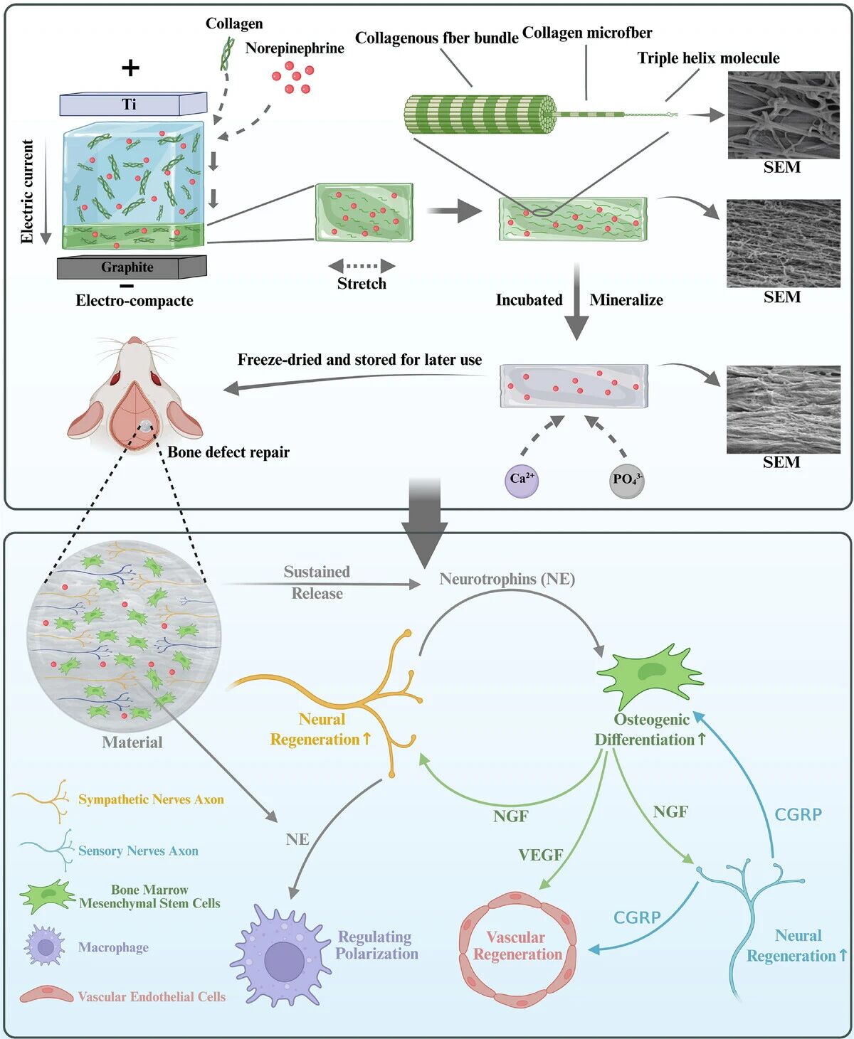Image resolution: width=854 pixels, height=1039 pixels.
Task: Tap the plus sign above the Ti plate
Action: coord(130,68)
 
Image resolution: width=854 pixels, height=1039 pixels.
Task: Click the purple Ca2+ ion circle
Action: coord(522,480)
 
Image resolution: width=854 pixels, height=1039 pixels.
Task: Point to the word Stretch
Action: coord(362,284)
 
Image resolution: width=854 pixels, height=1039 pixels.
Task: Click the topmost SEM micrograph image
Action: coord(783,115)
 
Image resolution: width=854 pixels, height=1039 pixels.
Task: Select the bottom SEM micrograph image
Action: coord(783,410)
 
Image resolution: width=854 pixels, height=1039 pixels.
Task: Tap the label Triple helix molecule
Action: coord(708,58)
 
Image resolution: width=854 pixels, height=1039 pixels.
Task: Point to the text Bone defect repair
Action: coord(228,452)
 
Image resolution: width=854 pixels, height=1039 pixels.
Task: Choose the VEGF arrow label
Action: coord(540,855)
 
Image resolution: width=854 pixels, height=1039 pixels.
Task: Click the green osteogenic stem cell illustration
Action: coord(649,676)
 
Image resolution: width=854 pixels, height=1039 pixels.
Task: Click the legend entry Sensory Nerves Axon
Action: coord(138,851)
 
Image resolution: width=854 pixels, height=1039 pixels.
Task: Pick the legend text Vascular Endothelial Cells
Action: coord(152,997)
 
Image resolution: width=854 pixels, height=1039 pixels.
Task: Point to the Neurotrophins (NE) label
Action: coord(507,579)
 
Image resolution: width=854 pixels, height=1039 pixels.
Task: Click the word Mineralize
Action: coord(626,300)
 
